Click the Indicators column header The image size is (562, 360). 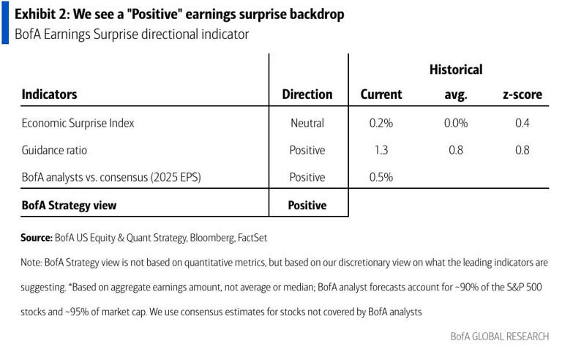(x=49, y=94)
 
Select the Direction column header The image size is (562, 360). (x=307, y=94)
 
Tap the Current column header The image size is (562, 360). (x=381, y=94)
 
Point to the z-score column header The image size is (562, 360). (x=522, y=94)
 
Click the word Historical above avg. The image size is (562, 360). (x=456, y=70)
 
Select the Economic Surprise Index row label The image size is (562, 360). (x=78, y=123)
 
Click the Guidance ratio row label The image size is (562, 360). (x=56, y=150)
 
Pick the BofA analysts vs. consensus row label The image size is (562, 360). (x=111, y=177)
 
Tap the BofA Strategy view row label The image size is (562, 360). (x=69, y=206)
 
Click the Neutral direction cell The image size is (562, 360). (x=307, y=123)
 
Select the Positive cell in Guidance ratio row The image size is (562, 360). (x=307, y=150)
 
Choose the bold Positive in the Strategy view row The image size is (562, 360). (x=307, y=206)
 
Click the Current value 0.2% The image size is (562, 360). (x=381, y=123)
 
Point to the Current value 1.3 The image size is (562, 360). (x=381, y=150)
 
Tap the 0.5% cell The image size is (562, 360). (x=381, y=177)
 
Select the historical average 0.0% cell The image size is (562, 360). (x=456, y=123)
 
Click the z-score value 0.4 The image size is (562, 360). (x=522, y=123)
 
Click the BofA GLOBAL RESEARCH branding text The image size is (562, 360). (x=499, y=337)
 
